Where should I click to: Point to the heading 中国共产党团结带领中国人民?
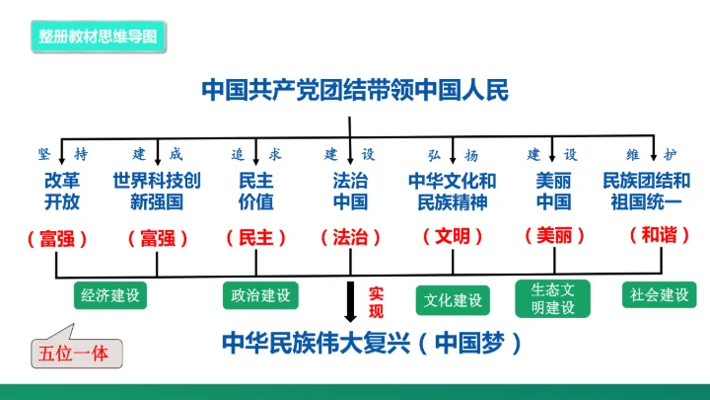(354, 91)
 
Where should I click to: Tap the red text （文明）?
(453, 237)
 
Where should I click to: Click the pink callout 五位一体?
(71, 351)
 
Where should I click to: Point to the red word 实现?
(376, 302)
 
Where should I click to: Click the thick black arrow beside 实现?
(350, 302)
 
